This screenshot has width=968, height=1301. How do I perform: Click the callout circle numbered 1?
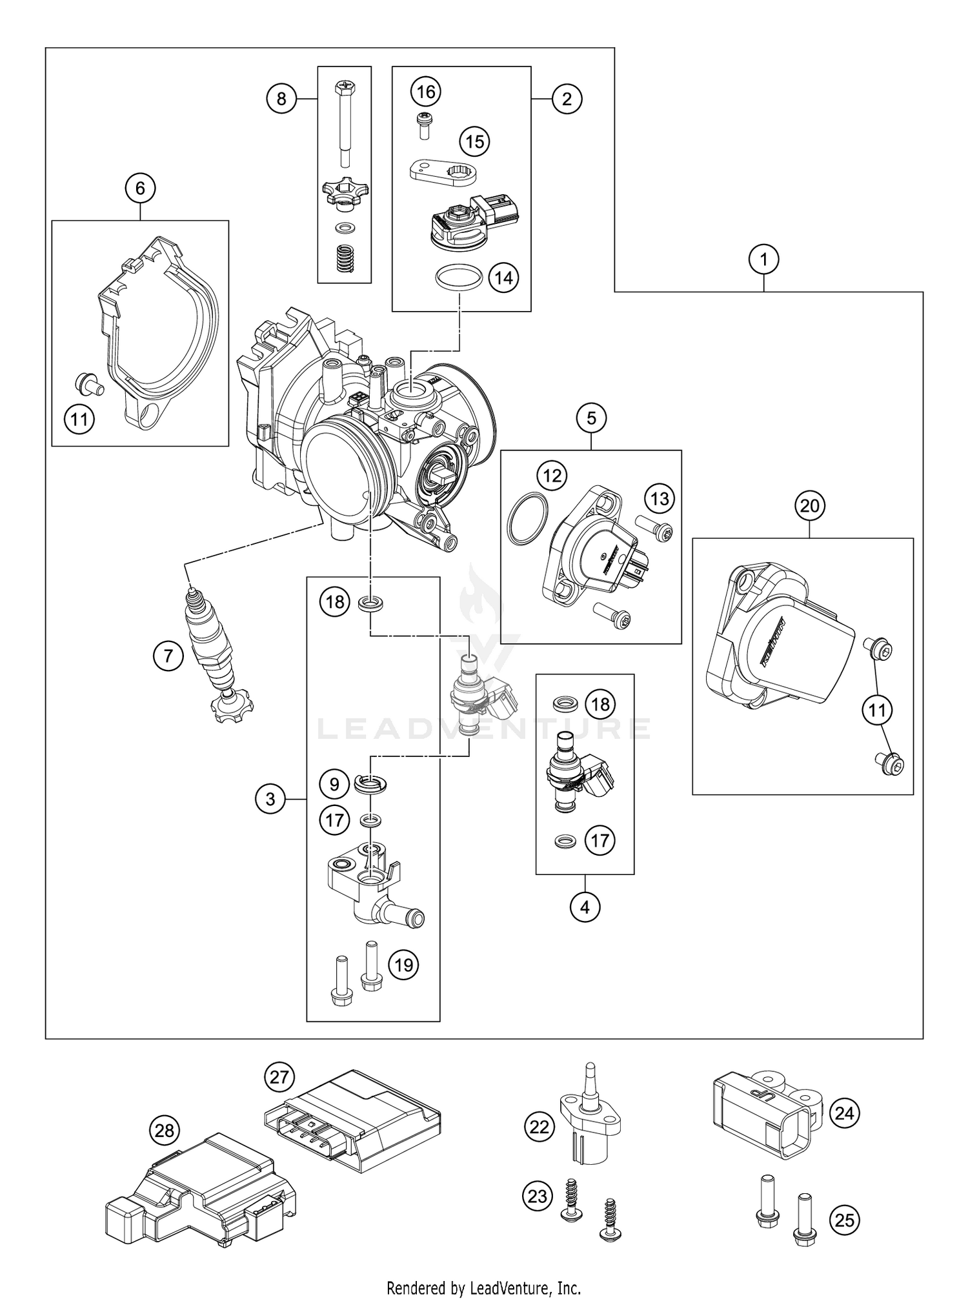(x=764, y=260)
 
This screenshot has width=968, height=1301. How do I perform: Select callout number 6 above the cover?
(x=141, y=188)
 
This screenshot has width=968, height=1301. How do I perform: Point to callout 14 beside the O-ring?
(x=503, y=277)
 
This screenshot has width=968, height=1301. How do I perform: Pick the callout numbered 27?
(x=280, y=1077)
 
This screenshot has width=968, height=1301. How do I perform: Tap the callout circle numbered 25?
(x=845, y=1220)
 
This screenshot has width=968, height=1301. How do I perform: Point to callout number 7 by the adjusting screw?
(x=168, y=656)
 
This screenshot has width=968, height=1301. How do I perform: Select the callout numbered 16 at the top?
(x=425, y=92)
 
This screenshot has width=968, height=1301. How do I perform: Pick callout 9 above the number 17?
(x=334, y=783)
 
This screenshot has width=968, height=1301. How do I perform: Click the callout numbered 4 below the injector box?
(x=585, y=907)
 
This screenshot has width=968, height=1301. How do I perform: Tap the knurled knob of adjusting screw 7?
(x=232, y=707)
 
